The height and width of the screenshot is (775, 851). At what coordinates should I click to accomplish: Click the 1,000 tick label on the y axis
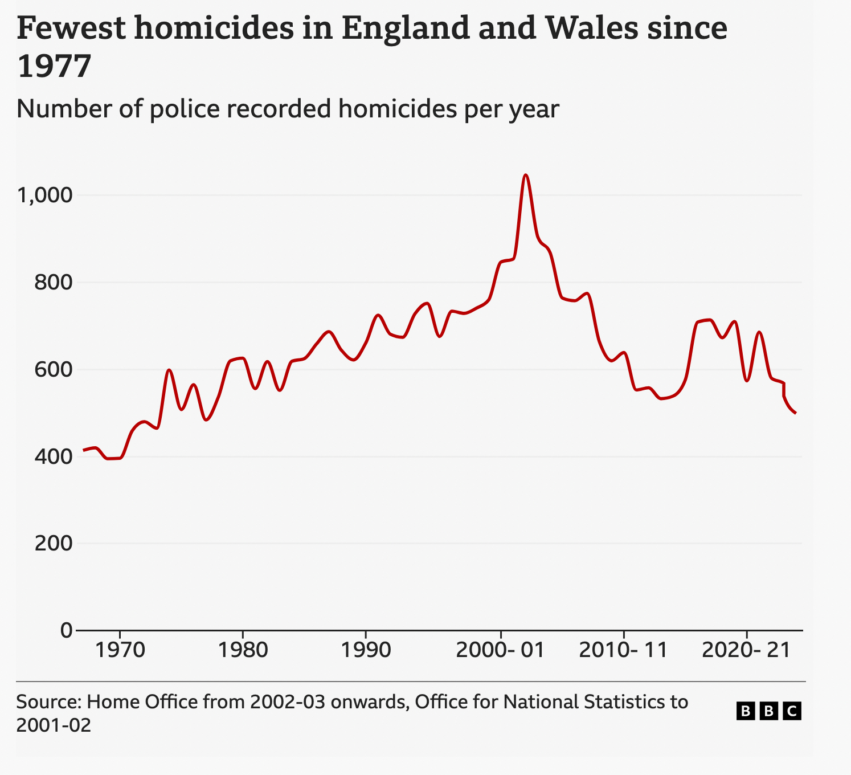point(46,195)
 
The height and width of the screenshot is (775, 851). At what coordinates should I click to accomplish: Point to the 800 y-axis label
point(54,283)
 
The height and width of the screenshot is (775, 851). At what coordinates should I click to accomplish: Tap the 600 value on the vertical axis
point(54,370)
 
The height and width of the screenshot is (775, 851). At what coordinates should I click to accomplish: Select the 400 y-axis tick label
point(54,457)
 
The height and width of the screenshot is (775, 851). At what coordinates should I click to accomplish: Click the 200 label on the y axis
point(54,544)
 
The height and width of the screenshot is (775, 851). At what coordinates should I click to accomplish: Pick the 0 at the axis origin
point(66,631)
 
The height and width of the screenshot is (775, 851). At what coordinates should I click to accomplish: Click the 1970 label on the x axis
point(120,650)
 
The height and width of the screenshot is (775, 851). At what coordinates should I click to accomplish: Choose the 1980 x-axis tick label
point(243,650)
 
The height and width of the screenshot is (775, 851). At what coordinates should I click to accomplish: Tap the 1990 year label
point(365,650)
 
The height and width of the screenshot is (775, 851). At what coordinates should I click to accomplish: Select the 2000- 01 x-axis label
point(500,650)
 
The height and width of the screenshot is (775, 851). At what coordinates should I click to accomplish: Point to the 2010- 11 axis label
point(623,650)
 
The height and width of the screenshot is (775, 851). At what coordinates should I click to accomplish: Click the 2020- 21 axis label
point(746,650)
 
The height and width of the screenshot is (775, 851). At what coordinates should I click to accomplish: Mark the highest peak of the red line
point(526,175)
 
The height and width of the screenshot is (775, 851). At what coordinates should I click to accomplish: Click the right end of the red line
point(795,413)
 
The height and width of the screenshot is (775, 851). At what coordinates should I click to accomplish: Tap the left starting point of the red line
point(84,450)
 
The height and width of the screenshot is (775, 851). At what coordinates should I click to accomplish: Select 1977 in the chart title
point(54,67)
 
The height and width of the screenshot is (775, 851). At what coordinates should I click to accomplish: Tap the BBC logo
point(769,711)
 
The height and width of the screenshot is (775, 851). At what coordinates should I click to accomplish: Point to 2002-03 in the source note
point(288,702)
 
